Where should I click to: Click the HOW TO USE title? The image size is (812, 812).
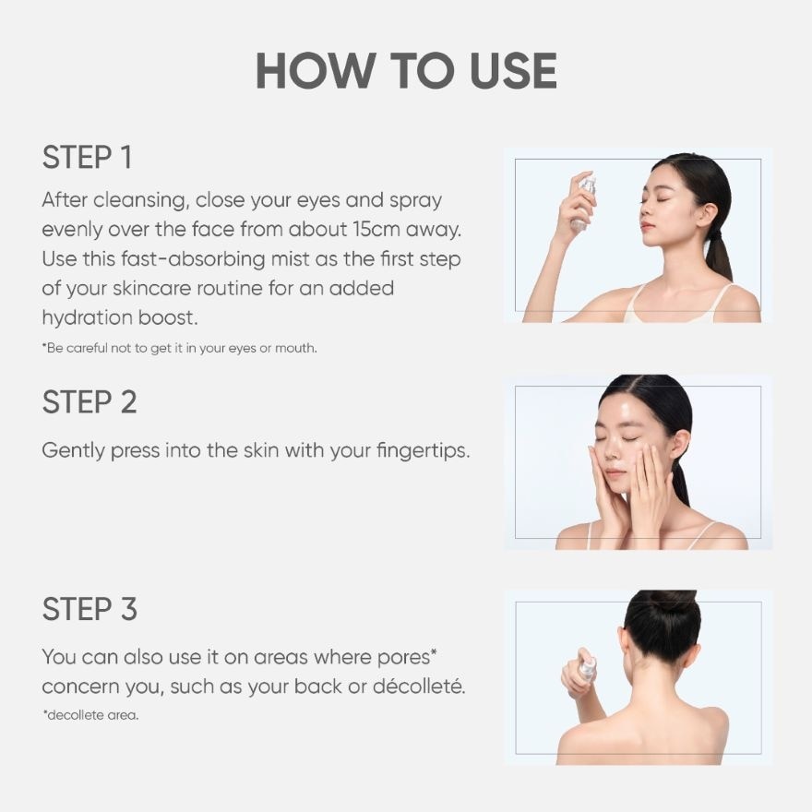click(x=406, y=70)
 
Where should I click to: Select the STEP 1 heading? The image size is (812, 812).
click(x=87, y=158)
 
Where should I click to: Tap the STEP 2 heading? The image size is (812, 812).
click(x=90, y=402)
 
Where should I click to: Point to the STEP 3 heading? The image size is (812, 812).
click(x=90, y=609)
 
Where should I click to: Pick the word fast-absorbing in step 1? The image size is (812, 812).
click(x=193, y=258)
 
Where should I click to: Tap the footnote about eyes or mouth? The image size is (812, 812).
click(x=180, y=348)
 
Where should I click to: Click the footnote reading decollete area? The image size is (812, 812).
click(x=90, y=715)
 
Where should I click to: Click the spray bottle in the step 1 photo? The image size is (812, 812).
click(x=584, y=203)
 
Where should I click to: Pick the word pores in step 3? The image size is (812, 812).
click(x=407, y=658)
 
